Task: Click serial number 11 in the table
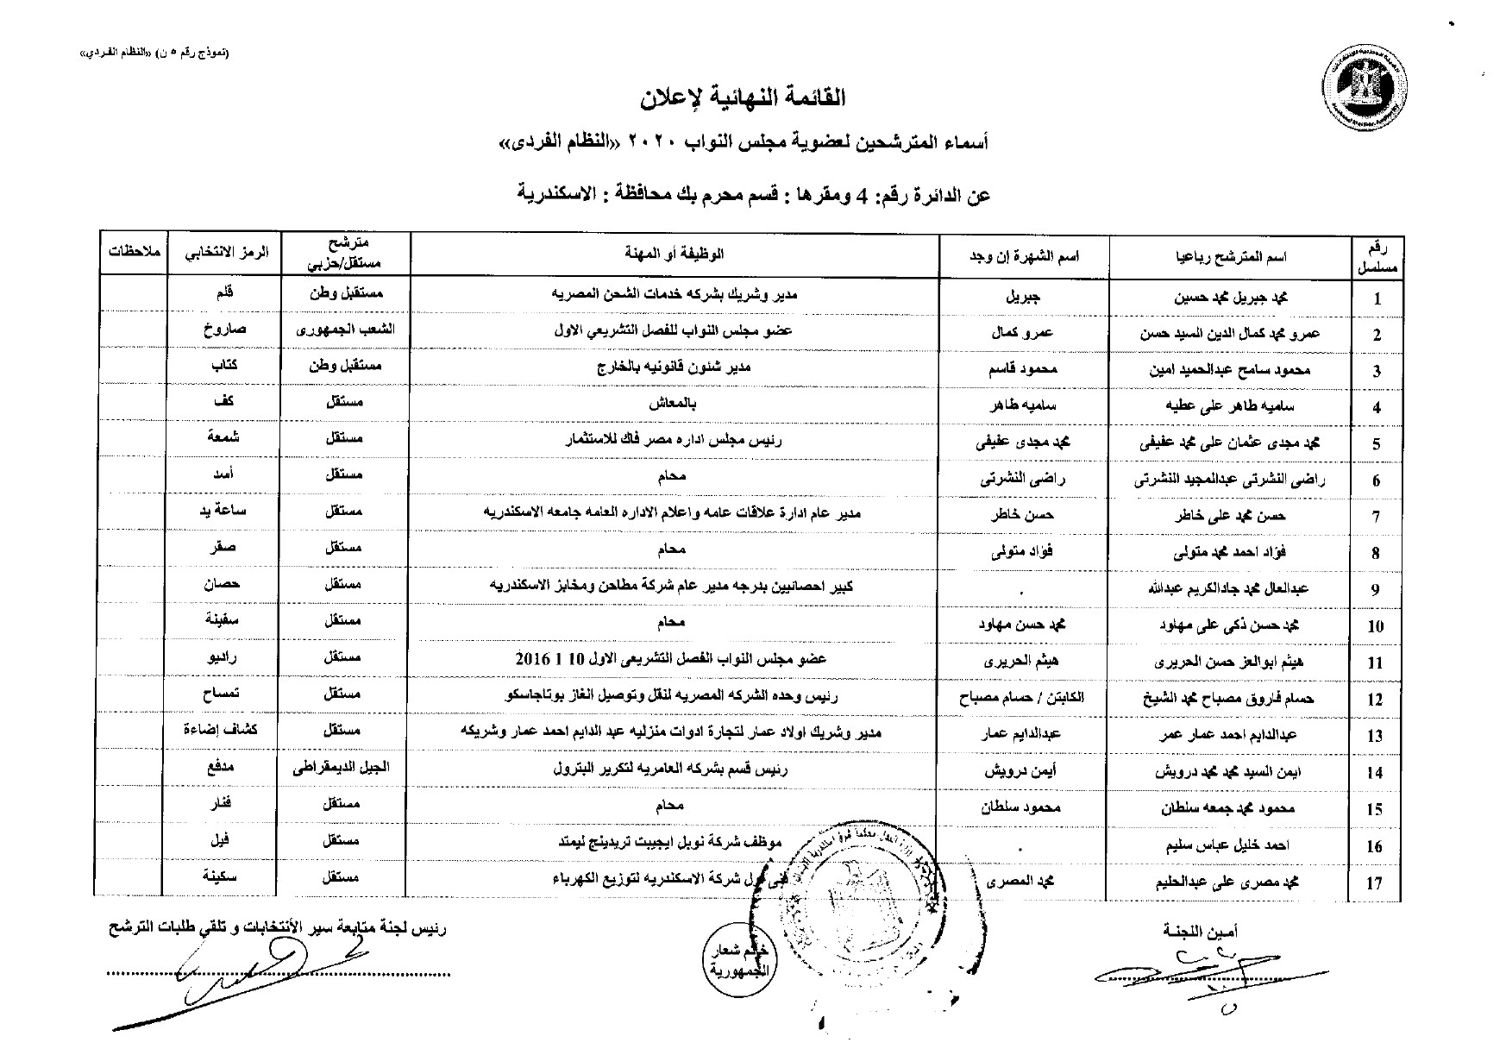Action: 1376,663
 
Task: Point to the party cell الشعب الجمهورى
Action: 345,330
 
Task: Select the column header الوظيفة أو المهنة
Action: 674,254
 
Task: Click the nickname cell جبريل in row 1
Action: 1023,296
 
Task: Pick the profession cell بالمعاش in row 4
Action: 674,403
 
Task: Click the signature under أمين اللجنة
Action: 1208,970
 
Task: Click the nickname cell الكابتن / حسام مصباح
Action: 1023,697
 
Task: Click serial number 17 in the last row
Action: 1375,882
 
